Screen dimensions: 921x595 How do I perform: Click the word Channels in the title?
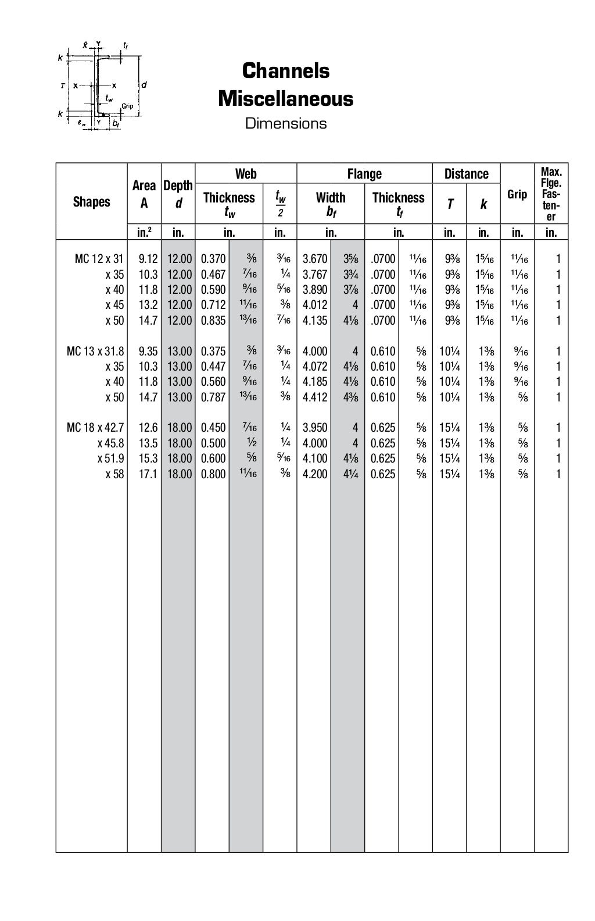pos(285,71)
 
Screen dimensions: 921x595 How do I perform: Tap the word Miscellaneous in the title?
pos(285,98)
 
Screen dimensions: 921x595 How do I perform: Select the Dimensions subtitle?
pos(285,123)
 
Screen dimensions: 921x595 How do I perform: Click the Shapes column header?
pos(91,202)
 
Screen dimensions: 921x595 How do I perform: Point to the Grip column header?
pos(517,194)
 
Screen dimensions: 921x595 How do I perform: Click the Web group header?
pos(246,173)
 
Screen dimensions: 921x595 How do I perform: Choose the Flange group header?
pos(364,173)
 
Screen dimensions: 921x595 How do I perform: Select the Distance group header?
pos(466,173)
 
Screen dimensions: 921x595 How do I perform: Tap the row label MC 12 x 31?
pos(99,259)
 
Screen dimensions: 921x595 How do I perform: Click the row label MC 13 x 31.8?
pos(95,351)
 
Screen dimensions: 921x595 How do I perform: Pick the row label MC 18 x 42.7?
pos(95,428)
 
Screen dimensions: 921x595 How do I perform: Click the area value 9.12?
pos(148,259)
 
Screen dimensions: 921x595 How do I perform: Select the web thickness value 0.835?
pos(213,321)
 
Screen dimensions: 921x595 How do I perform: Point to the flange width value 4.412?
pos(315,397)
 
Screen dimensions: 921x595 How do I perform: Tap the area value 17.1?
pos(148,474)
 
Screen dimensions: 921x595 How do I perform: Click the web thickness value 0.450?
pos(213,428)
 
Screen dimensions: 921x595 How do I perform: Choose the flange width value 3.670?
pos(315,259)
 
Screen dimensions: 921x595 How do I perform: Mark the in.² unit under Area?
pos(144,233)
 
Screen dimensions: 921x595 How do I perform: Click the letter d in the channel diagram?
pos(144,85)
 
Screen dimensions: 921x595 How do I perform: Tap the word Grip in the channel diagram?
pos(128,106)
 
